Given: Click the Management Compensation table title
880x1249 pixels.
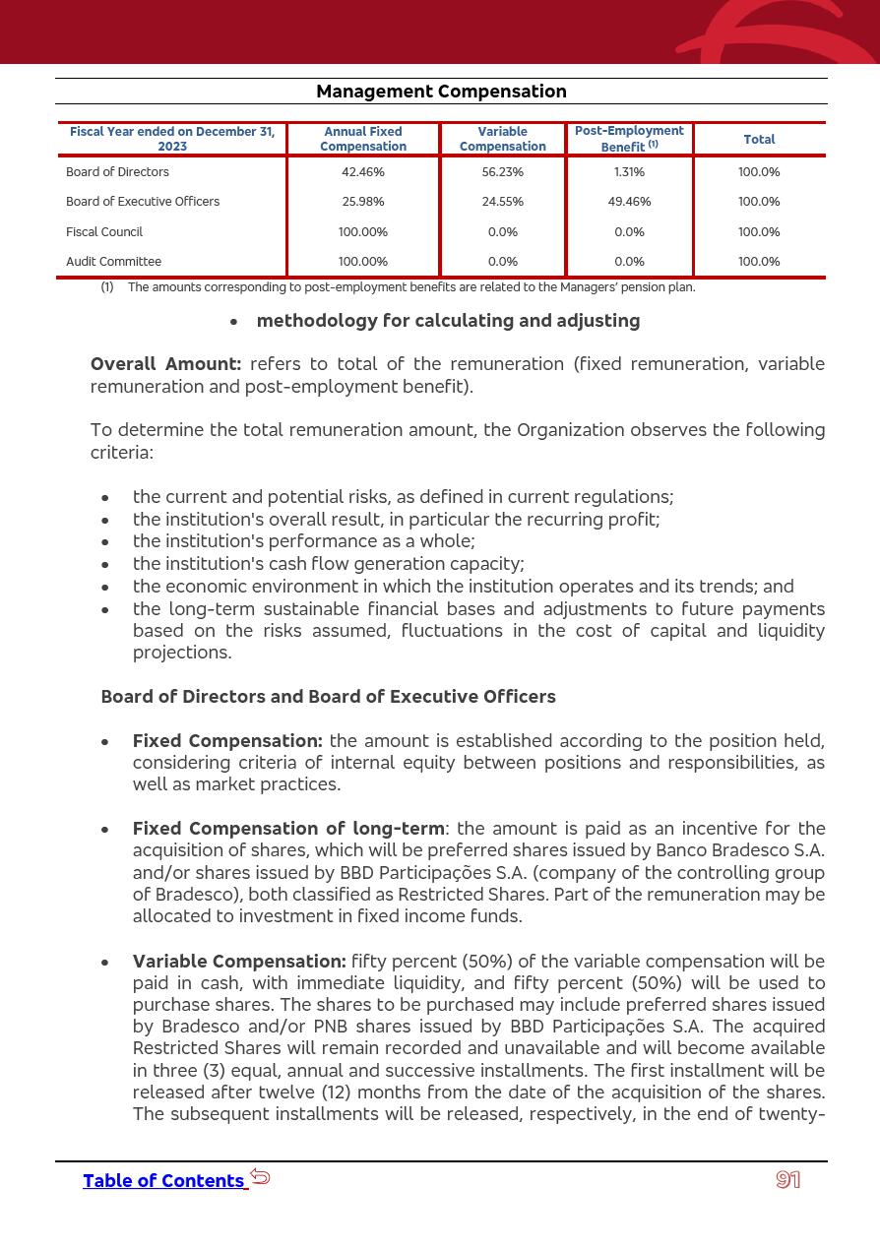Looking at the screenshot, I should point(441,92).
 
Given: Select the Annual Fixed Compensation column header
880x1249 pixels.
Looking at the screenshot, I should point(363,139).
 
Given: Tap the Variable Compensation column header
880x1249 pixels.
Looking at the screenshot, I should point(502,139).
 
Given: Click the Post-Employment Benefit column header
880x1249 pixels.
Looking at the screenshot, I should point(629,139).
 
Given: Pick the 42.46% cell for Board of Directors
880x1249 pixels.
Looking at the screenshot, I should point(363,172).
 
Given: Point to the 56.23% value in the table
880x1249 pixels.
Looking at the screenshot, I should point(502,172).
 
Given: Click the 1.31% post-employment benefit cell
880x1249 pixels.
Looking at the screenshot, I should point(629,172).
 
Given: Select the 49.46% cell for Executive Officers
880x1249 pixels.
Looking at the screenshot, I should point(629,202).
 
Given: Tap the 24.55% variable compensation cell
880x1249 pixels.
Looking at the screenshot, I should point(502,202).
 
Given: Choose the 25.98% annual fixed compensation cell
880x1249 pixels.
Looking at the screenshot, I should point(363,202).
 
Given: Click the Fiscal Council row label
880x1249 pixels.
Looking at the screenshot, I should point(104,232).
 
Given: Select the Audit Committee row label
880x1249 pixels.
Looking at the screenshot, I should point(113,262).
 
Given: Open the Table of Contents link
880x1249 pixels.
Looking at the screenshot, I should point(163,1181).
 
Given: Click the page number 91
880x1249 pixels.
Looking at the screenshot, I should point(787,1180).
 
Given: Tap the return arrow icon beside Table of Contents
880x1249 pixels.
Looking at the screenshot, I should point(260,1176).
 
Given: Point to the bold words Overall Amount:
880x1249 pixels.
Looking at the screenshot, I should point(165,364).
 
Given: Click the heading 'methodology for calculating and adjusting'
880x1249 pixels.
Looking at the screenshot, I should point(448,321).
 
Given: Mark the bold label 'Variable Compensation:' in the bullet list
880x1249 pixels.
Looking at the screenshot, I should point(239,962).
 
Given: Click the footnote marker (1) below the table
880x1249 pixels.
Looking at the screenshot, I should point(107,287).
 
